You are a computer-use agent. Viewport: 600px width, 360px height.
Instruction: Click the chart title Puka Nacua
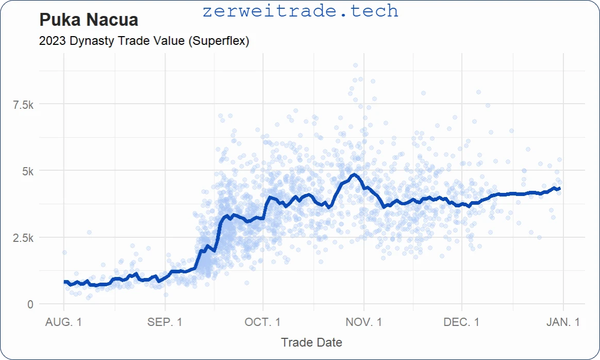[89, 20]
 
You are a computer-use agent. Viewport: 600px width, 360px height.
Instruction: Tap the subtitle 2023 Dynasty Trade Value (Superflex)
[144, 41]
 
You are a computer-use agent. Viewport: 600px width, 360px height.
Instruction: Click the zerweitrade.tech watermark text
[301, 11]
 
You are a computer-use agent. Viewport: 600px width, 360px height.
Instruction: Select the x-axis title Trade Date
[311, 342]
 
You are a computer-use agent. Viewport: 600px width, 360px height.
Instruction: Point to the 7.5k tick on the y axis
[23, 105]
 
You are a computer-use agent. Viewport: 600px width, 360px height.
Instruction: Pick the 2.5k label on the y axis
[23, 238]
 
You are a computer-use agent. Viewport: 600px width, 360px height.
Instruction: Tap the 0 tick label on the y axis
[30, 304]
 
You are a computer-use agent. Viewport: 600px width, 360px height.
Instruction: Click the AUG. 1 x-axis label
[63, 322]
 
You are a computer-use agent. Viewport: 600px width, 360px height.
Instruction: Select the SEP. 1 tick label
[164, 322]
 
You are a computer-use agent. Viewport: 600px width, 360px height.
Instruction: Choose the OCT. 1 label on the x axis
[262, 322]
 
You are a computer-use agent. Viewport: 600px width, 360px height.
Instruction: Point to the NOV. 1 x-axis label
[364, 322]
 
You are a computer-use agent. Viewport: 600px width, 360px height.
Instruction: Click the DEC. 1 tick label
[461, 322]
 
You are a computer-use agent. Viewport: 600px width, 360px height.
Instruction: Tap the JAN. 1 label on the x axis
[562, 322]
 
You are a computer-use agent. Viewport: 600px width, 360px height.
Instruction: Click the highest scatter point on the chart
[355, 66]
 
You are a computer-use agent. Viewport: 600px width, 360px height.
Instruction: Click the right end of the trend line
[560, 189]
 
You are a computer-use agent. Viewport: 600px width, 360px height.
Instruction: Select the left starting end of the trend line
[64, 282]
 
